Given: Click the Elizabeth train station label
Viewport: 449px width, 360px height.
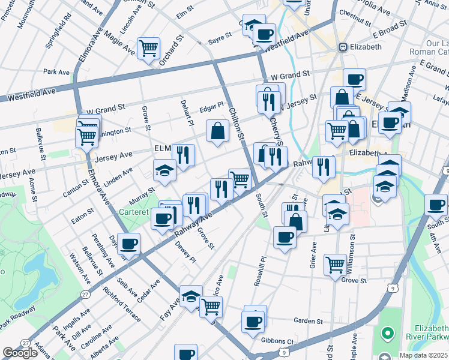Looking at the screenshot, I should [x=365, y=47].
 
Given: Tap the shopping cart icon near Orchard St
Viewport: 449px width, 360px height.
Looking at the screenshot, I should [x=148, y=48].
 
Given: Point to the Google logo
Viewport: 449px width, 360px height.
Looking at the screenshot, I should [x=20, y=353].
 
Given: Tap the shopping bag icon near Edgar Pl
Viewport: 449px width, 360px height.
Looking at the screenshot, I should [x=217, y=131].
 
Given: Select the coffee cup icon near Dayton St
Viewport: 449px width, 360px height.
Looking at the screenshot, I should [x=128, y=244].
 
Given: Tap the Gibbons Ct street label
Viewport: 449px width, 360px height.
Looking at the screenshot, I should [x=277, y=341].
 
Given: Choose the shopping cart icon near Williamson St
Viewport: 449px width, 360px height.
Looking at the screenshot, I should [x=335, y=265].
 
